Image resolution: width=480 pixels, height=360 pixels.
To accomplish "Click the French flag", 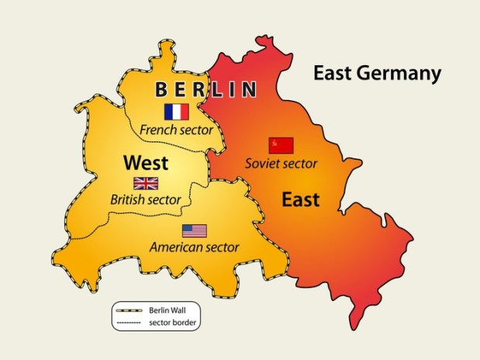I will (x=177, y=112).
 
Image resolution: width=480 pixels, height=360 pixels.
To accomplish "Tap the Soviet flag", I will (x=281, y=145).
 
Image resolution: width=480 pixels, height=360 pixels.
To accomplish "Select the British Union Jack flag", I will (x=146, y=183).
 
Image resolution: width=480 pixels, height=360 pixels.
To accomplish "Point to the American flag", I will (x=195, y=230).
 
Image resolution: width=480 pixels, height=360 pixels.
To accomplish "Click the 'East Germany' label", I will (x=377, y=74).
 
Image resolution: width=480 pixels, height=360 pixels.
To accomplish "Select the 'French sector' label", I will (x=176, y=130).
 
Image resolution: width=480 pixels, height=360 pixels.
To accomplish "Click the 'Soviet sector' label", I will (x=281, y=163).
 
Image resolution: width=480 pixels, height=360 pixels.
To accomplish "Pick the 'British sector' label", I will (x=146, y=200).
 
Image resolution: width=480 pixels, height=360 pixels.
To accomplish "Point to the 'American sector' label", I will (x=194, y=247).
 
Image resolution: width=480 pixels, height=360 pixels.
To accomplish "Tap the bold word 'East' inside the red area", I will (x=300, y=200).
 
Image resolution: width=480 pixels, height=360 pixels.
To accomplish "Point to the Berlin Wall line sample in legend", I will (x=129, y=309).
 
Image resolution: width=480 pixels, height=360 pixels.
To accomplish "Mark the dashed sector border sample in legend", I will (x=129, y=320).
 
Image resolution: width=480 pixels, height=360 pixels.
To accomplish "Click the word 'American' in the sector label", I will (x=175, y=247).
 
